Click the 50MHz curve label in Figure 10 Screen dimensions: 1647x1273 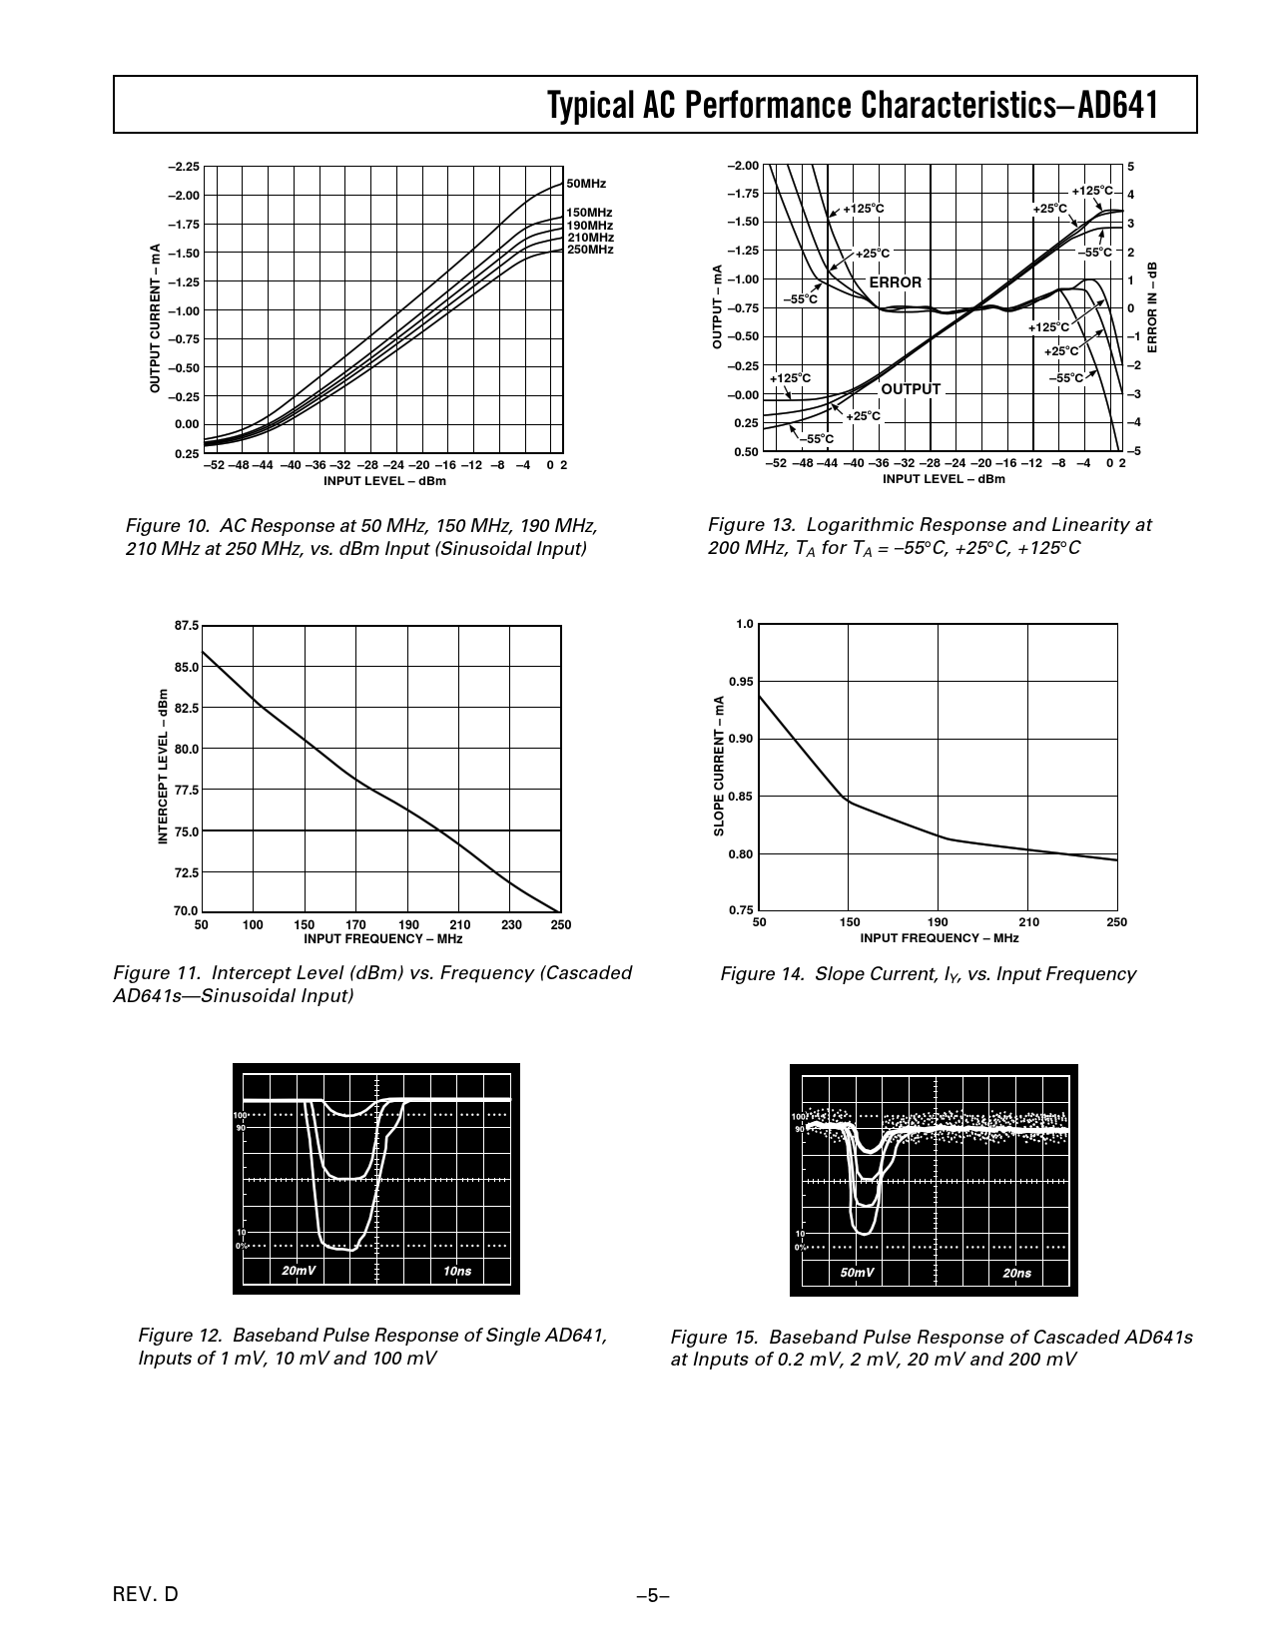[x=586, y=184]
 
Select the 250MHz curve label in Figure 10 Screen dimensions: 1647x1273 [x=589, y=250]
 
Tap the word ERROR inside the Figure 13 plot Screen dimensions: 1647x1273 [x=896, y=282]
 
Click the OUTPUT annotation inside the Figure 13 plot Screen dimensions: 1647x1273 [x=911, y=389]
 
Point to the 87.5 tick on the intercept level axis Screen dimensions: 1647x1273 [x=187, y=626]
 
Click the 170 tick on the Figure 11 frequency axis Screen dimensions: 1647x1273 [x=355, y=925]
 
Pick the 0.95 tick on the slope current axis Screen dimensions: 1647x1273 [x=740, y=682]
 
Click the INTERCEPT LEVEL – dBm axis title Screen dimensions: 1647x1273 [x=163, y=768]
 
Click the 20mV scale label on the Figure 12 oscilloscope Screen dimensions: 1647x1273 [x=299, y=1271]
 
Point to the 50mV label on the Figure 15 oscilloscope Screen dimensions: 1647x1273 [x=858, y=1273]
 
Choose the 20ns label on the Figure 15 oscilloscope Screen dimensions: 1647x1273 [x=1016, y=1273]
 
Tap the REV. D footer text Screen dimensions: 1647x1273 [x=146, y=1594]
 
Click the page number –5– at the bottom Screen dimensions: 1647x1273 [x=652, y=1595]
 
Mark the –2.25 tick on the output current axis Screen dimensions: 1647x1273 [x=183, y=167]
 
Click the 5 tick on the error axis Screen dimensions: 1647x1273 [x=1131, y=166]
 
